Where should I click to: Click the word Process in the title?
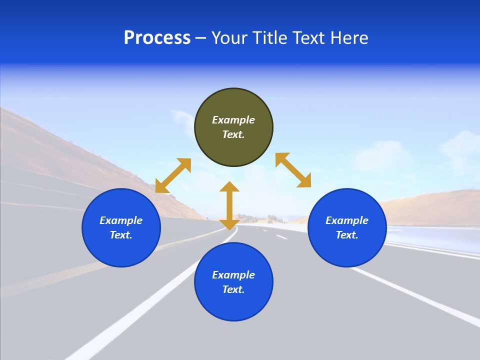157,38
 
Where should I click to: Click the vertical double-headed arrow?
229,205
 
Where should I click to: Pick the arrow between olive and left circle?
173,175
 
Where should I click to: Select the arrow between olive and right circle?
293,170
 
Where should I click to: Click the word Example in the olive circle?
233,120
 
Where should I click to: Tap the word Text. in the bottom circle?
233,289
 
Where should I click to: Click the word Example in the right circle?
347,220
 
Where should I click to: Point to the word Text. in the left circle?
121,235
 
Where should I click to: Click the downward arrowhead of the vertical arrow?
229,223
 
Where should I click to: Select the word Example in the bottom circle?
233,275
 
